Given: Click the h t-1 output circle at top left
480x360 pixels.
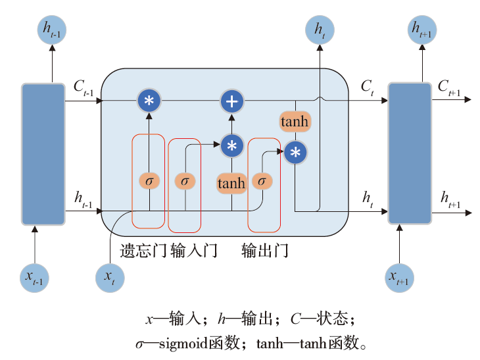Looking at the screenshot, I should click(x=52, y=30).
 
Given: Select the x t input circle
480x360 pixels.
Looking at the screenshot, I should click(x=110, y=277).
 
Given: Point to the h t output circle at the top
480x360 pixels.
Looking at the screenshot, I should click(x=320, y=30).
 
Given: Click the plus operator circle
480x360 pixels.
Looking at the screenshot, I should click(x=231, y=101).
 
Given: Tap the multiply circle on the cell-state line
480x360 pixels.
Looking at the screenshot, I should click(x=149, y=101).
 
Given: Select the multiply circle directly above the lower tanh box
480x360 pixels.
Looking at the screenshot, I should click(x=231, y=145).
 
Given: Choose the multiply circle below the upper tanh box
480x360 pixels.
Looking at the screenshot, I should click(x=295, y=152).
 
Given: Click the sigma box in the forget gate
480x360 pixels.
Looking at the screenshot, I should click(x=149, y=180).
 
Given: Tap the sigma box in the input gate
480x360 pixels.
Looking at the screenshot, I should click(x=185, y=180).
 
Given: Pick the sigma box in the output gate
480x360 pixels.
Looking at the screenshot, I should click(x=262, y=180).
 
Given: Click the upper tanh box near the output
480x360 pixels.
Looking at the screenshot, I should click(x=295, y=122).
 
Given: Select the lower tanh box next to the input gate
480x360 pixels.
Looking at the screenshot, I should click(x=231, y=183).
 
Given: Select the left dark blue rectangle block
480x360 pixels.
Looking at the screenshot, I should click(x=43, y=154).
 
